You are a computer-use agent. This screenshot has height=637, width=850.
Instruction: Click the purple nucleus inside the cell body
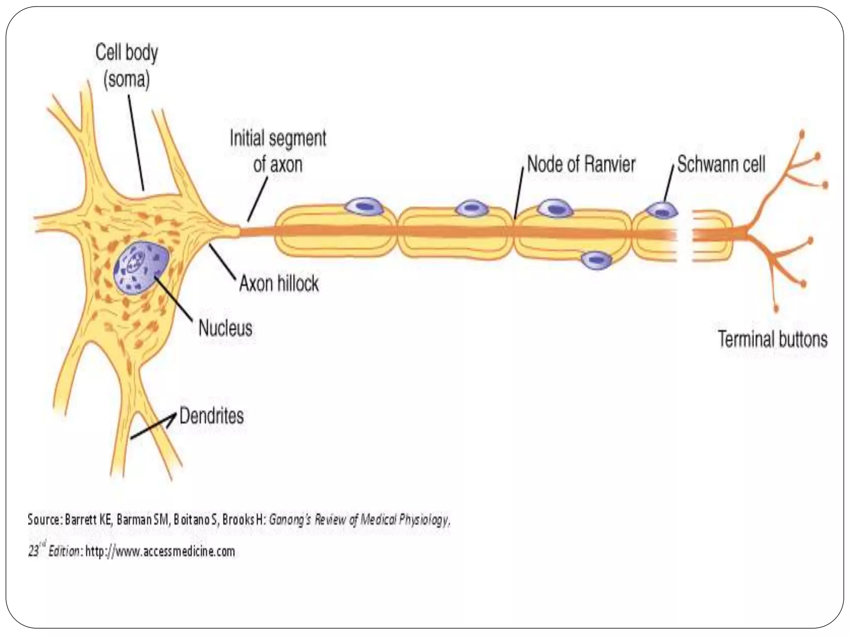coord(141,267)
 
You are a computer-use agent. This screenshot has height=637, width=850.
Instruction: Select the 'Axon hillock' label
coord(279,284)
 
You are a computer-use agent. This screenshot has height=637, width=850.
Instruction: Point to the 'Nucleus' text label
coord(225,328)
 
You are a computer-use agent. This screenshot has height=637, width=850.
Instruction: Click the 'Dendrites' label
coord(212,416)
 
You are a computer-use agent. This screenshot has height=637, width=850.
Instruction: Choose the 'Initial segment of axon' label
coord(278,151)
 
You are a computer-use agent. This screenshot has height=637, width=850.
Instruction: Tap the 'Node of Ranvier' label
coord(581,164)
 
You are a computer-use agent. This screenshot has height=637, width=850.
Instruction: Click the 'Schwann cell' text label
coord(721,164)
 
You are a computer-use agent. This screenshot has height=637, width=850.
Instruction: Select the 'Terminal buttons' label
coord(773,339)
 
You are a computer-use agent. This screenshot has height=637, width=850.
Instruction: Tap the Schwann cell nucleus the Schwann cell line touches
coord(662,211)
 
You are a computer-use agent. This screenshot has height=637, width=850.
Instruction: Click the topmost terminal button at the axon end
coord(801,134)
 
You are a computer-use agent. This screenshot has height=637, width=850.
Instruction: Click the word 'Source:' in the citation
coord(45,520)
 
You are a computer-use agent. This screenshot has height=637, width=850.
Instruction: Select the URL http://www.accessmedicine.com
coord(160,552)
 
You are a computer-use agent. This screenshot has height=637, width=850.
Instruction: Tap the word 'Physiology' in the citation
coord(427,520)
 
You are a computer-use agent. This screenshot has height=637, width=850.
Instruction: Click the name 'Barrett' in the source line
coord(81,520)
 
